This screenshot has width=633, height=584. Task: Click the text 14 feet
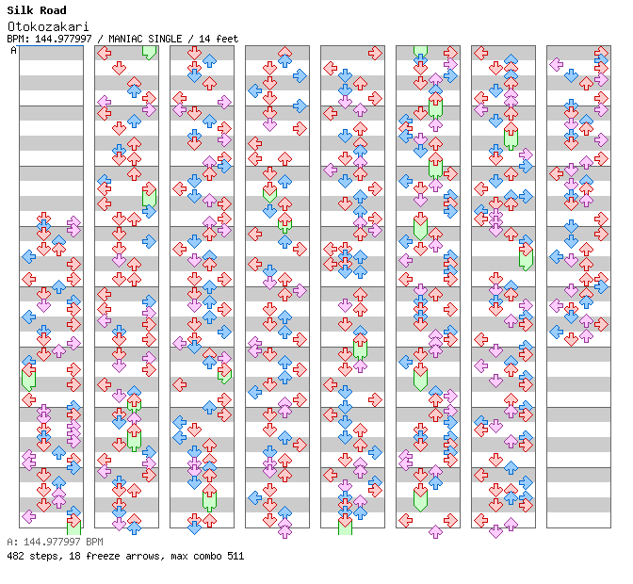click(x=219, y=39)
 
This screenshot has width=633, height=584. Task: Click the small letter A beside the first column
click(x=13, y=50)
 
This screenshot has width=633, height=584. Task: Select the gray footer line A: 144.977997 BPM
click(x=55, y=543)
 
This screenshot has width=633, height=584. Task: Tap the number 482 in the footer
click(x=15, y=556)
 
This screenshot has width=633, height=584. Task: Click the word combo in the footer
click(x=203, y=556)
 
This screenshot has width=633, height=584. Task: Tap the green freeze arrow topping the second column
click(x=149, y=51)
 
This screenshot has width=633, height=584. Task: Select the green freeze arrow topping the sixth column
click(x=420, y=52)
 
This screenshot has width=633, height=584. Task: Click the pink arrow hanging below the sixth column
click(x=435, y=532)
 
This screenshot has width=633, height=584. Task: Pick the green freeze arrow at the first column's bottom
click(x=73, y=526)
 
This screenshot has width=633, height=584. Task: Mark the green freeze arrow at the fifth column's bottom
click(x=345, y=525)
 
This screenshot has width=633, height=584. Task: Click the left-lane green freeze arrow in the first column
click(x=28, y=379)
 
